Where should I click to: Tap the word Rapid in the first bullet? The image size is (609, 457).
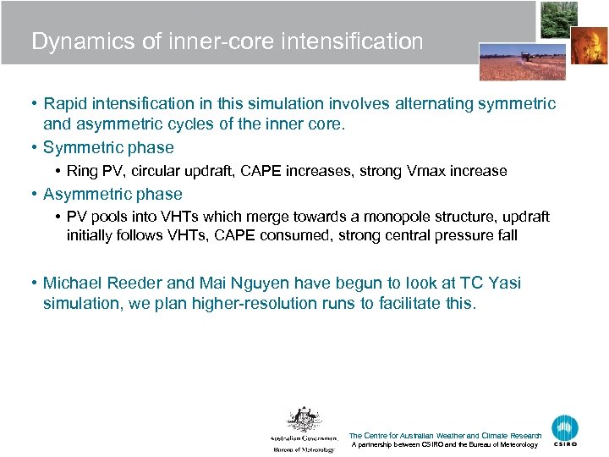[66, 103]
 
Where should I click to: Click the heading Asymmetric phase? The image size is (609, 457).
[112, 194]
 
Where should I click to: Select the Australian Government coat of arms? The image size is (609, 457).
[303, 421]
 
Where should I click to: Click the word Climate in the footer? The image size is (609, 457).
[494, 436]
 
